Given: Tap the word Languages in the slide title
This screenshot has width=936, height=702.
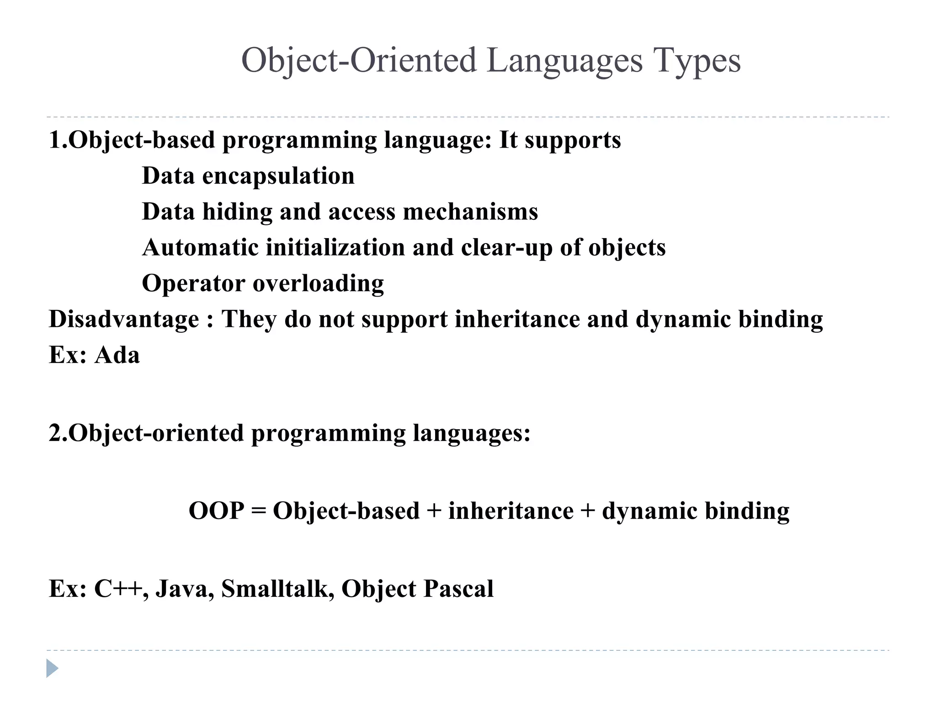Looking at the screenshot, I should coord(564,60).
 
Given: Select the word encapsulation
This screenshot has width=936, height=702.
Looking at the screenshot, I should coord(278,176).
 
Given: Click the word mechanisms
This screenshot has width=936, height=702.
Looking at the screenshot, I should coord(470,212).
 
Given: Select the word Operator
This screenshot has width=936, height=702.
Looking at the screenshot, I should coord(193,283).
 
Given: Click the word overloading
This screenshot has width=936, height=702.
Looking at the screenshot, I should coord(318,283).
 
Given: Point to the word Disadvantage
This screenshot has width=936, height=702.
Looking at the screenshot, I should coord(124,319).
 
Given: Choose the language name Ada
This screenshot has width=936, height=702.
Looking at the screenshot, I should coord(117,355).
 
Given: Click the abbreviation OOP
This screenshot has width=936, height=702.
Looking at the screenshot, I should coord(216,511).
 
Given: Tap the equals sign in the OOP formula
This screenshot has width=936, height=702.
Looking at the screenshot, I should coord(258,511).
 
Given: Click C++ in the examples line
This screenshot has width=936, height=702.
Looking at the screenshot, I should coord(121,589).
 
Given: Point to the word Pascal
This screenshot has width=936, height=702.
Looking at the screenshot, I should coord(458,589).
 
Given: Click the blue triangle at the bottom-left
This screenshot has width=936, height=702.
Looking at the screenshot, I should coord(52,668).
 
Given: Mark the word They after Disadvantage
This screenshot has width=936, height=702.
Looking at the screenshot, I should coord(249,319).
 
